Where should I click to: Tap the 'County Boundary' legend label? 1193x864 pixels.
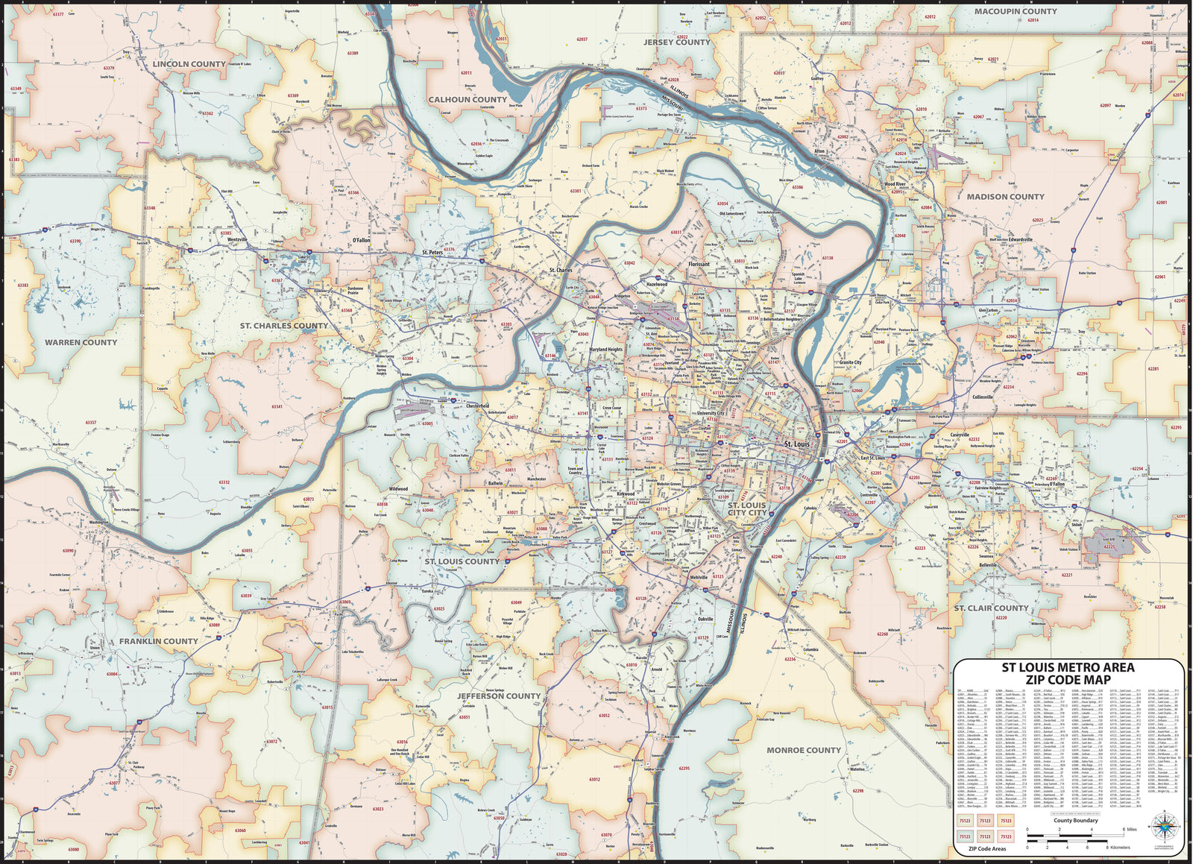click(1075, 820)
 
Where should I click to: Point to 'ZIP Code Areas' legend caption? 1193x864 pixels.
click(986, 848)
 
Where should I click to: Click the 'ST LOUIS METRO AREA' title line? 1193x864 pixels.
click(1067, 667)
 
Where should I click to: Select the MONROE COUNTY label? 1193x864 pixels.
click(803, 750)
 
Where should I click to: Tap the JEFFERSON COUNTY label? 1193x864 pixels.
click(498, 696)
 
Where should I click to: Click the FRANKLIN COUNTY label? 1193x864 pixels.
click(159, 641)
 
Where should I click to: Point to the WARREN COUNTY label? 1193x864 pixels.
click(81, 342)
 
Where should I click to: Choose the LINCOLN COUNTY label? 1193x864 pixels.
click(189, 64)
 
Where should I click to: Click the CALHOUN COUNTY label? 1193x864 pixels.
click(468, 99)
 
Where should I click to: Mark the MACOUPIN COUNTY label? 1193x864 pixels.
click(1016, 11)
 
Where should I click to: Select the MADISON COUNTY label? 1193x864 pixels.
click(1005, 197)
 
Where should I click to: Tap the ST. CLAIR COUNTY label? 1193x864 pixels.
click(991, 608)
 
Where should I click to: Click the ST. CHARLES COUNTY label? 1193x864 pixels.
click(284, 326)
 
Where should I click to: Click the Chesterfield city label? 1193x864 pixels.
click(477, 406)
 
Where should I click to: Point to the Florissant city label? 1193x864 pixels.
click(699, 264)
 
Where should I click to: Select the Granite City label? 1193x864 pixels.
click(850, 362)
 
